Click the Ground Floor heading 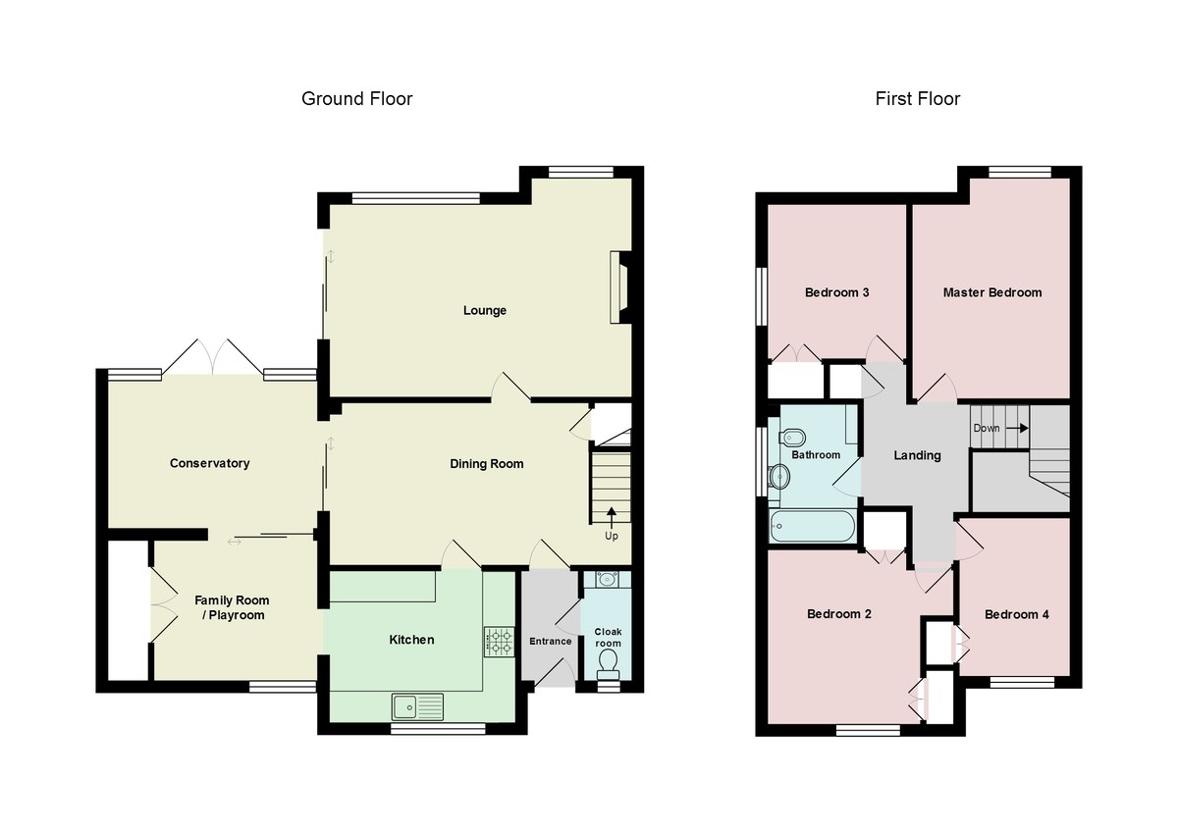pos(356,99)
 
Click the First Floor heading pos(918,99)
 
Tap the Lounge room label pos(484,311)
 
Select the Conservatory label pos(209,463)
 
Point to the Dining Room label pos(487,464)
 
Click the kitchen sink pos(417,706)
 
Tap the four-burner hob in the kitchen pos(499,643)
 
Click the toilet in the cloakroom pos(608,664)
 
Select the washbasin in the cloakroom pos(608,580)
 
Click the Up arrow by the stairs pos(611,518)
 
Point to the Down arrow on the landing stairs pos(1017,429)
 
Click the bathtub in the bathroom pos(812,526)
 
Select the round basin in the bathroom pos(778,477)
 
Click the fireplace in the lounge pos(620,286)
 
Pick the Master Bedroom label pos(991,292)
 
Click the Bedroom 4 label pos(1017,614)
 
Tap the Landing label pos(917,455)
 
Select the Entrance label pos(550,642)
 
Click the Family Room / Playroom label pos(232,607)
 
